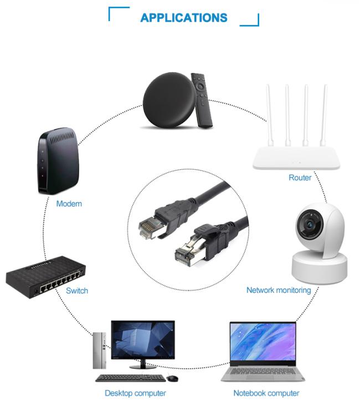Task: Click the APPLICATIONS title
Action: [184, 18]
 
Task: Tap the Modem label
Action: [69, 204]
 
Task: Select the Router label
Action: [300, 177]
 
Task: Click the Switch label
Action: [77, 291]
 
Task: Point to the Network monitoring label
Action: [279, 290]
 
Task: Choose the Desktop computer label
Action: [135, 393]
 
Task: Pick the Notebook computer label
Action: [266, 393]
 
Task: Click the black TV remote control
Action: [202, 100]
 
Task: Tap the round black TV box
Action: [169, 100]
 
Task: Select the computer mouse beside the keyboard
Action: [172, 378]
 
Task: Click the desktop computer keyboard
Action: [130, 378]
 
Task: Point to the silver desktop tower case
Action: [100, 350]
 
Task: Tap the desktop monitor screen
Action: [143, 339]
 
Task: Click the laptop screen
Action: [263, 342]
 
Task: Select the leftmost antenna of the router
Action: [270, 115]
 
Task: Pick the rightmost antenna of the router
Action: [323, 115]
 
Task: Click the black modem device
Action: [58, 161]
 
